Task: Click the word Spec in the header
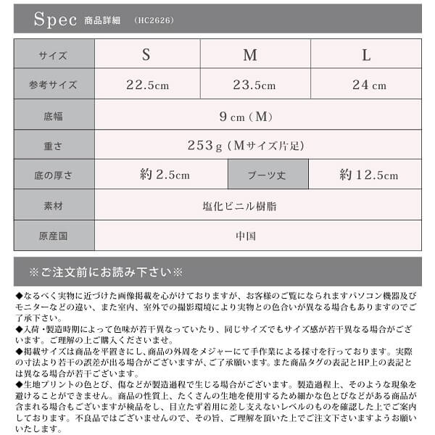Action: coord(55,20)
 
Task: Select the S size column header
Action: coord(146,55)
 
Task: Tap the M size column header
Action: coord(250,55)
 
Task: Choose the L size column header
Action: coord(366,55)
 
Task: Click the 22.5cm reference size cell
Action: coord(147,85)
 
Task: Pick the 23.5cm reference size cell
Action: coord(254,85)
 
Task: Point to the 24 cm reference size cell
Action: coord(369,85)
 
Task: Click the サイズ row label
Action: coord(53,55)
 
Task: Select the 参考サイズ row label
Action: coord(53,85)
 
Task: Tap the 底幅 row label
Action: coord(53,115)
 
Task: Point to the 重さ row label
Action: coord(53,146)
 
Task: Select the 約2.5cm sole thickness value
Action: coord(165,175)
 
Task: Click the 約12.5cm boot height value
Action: coord(368,175)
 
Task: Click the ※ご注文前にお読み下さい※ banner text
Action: coord(106,273)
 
